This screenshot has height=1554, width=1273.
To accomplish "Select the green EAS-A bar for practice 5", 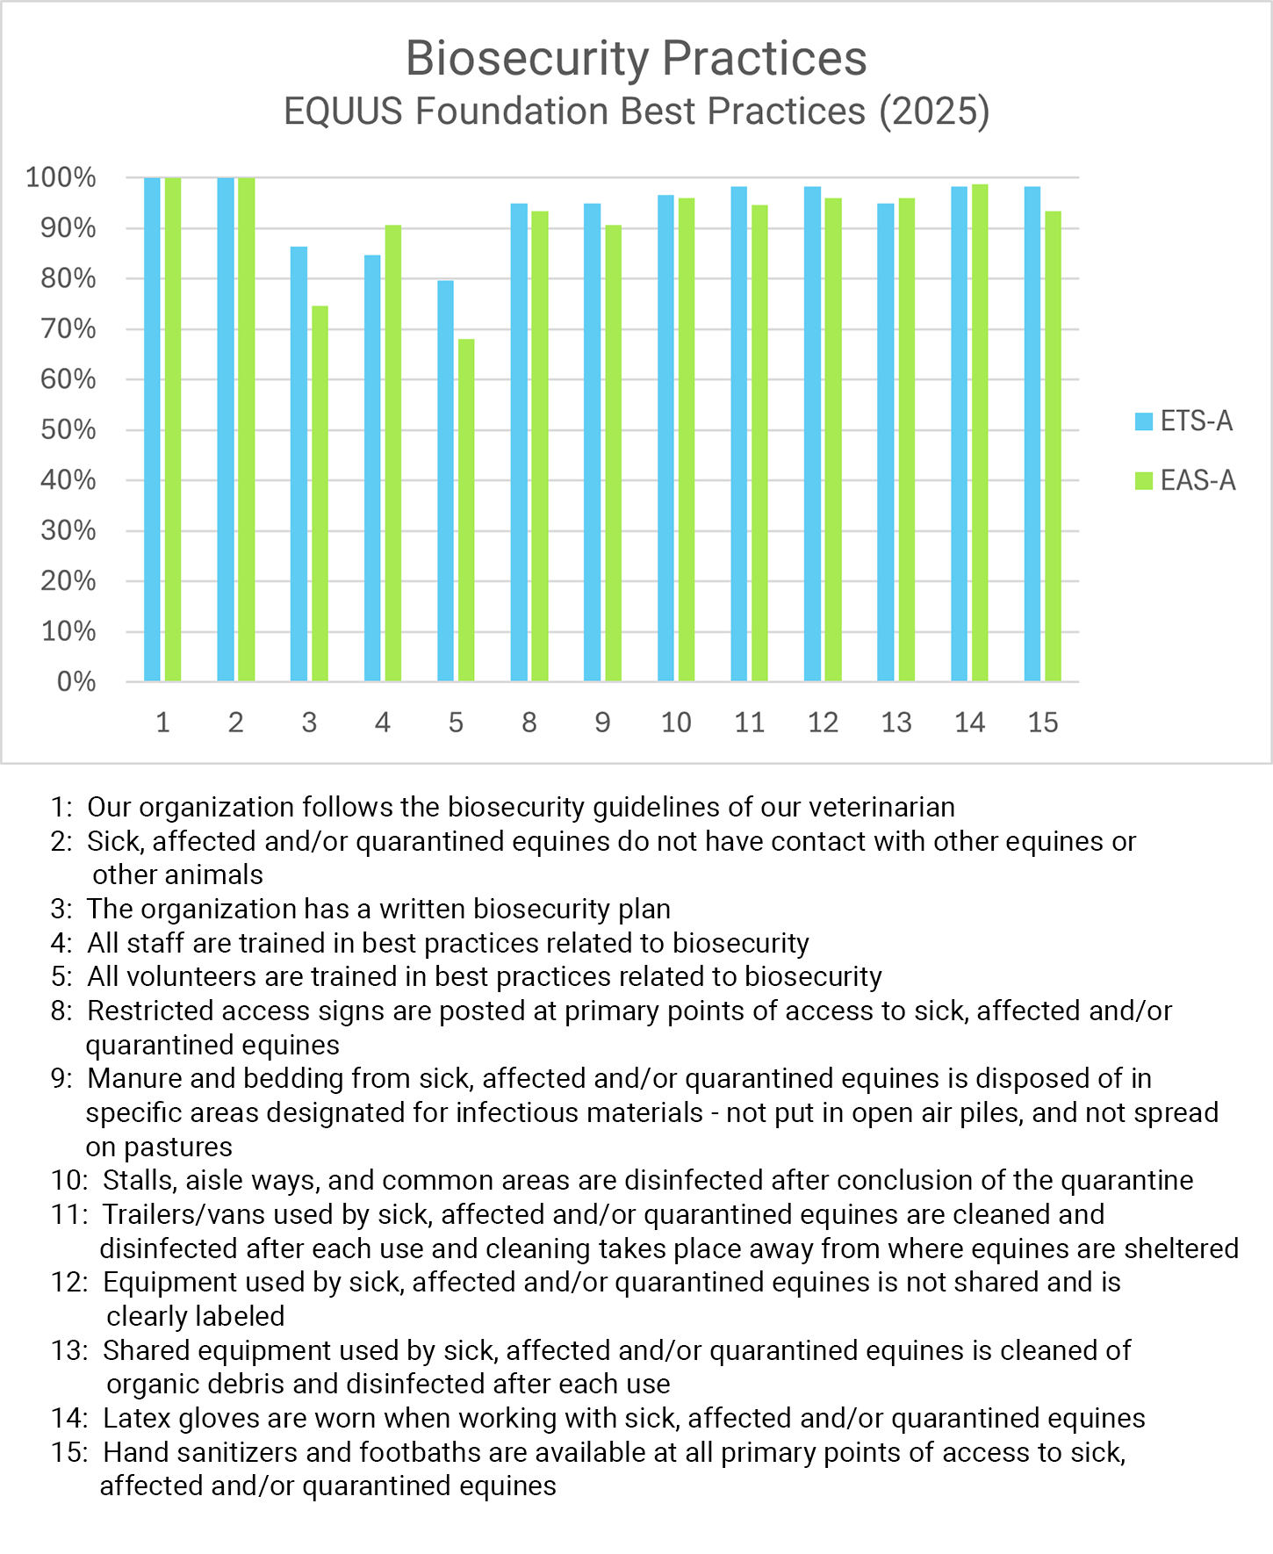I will tap(466, 510).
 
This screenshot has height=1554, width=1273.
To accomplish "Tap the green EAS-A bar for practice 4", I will tap(392, 453).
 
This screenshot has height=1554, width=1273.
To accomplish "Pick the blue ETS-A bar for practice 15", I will tap(1032, 434).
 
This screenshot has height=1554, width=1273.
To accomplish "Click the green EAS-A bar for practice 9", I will tap(613, 453).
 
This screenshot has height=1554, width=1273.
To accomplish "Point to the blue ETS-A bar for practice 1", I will tap(153, 429).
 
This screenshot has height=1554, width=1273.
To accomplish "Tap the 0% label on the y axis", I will tap(76, 682).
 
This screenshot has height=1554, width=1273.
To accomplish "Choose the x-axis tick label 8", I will tap(529, 723).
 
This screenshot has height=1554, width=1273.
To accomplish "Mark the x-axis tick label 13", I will tap(896, 723).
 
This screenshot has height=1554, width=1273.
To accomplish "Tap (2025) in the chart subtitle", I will tap(935, 112).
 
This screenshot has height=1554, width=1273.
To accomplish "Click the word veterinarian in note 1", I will tap(881, 807).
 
